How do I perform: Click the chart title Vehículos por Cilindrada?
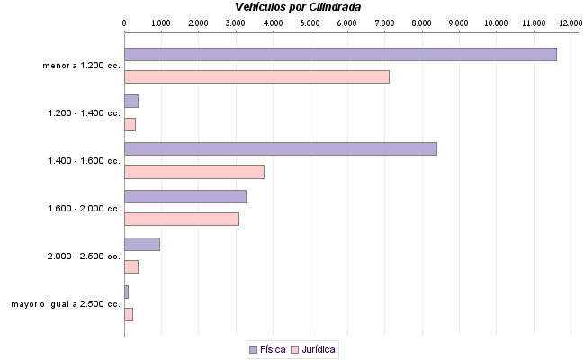[292, 7]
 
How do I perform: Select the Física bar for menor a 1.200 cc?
[340, 54]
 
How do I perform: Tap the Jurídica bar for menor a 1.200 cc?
[256, 76]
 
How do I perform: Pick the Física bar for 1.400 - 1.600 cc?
[280, 148]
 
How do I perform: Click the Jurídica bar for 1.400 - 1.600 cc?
[193, 172]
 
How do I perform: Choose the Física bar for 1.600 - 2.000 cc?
[184, 196]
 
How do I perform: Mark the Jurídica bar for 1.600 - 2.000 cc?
[181, 219]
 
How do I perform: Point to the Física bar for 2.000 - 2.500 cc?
[141, 244]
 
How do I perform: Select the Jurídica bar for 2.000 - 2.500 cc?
[130, 266]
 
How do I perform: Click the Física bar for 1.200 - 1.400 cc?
[130, 101]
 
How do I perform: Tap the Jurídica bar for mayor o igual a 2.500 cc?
[128, 314]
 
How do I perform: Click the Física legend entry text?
[273, 349]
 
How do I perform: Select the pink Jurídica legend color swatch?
[294, 349]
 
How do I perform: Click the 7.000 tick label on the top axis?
[384, 22]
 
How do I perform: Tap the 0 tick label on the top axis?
[124, 22]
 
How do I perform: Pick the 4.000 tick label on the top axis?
[273, 22]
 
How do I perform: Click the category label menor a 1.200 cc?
[81, 66]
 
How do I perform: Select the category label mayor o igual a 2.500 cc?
[66, 304]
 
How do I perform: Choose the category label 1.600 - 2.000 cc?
[84, 208]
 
